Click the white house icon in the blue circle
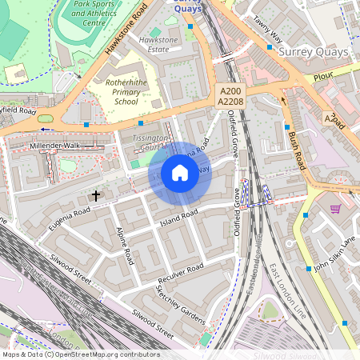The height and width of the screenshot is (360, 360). pos(180,173)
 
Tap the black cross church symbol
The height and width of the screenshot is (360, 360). pos(96,195)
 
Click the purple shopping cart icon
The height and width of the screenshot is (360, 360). pos(335,209)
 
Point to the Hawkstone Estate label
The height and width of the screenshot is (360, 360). pos(154,44)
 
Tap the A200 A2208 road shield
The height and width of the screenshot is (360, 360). pos(230,97)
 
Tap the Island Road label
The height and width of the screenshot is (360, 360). pos(178,217)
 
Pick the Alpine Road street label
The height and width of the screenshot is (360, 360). pos(125,246)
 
